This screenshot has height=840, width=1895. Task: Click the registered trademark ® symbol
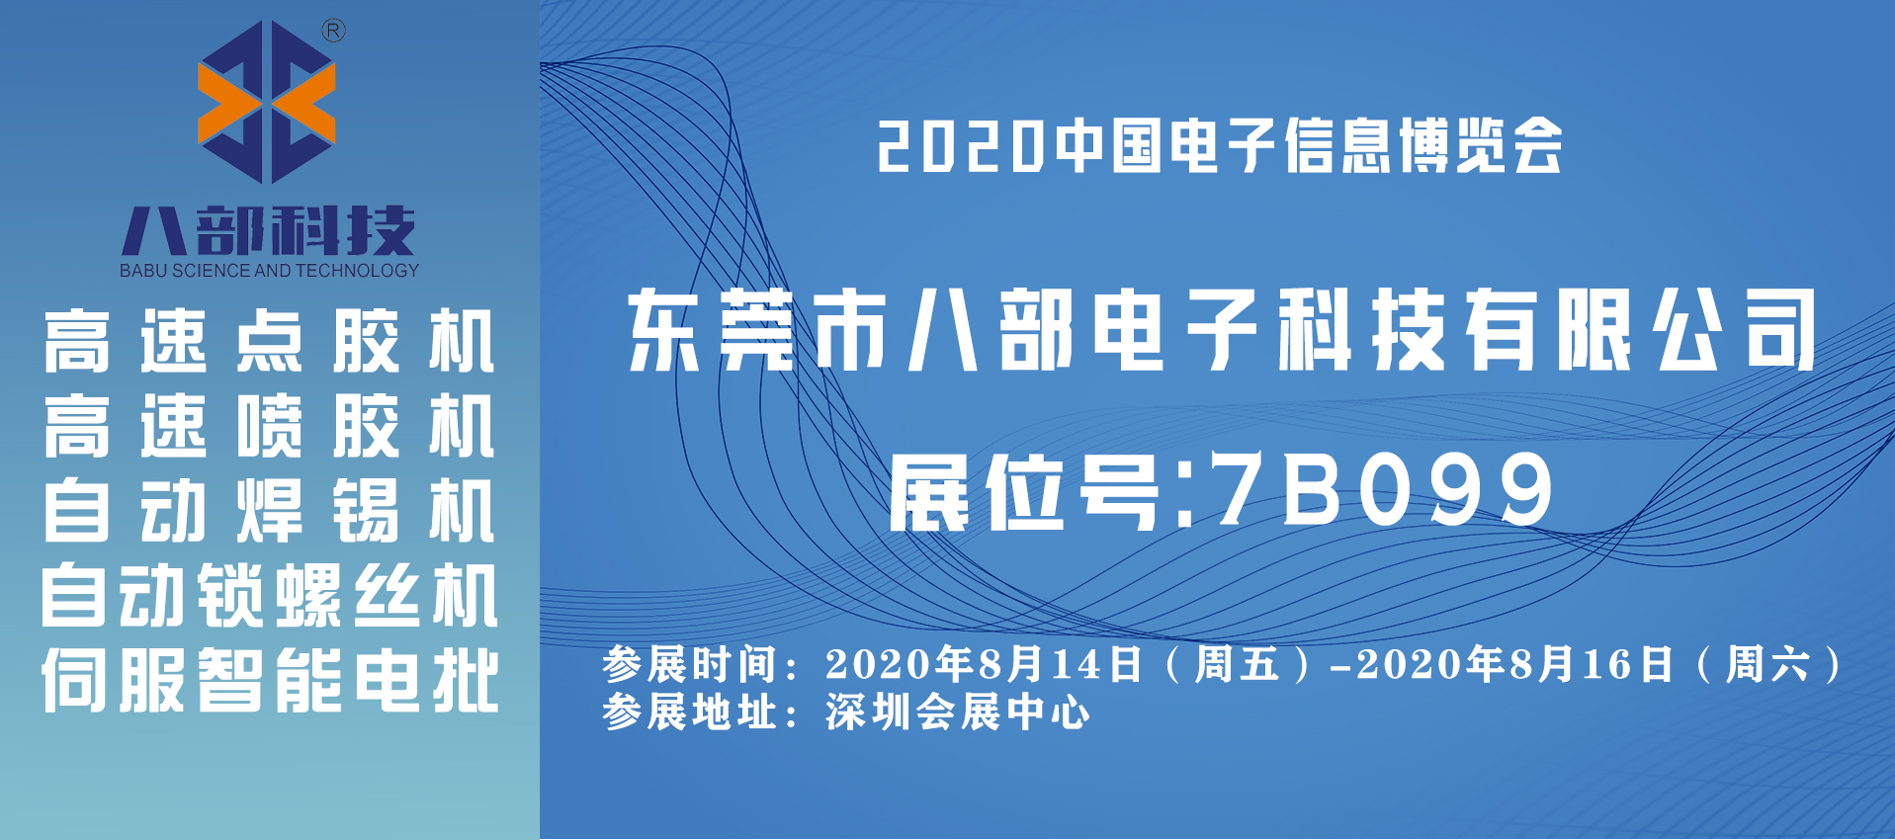click(x=334, y=32)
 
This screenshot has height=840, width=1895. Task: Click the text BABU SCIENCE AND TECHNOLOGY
click(x=269, y=271)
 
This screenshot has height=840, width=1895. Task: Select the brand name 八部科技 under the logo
click(x=268, y=231)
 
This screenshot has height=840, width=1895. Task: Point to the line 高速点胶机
click(x=269, y=341)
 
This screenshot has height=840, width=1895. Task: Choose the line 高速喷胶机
click(x=269, y=426)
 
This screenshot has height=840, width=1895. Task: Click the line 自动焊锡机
click(x=269, y=511)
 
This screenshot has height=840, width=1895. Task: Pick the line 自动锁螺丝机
click(x=269, y=596)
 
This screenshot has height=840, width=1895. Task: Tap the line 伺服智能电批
click(x=269, y=681)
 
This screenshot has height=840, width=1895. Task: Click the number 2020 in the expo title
click(x=960, y=147)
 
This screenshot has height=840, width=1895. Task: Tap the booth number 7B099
click(x=1385, y=490)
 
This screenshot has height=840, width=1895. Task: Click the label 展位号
click(x=1024, y=492)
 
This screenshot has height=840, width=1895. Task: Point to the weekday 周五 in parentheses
click(x=1238, y=664)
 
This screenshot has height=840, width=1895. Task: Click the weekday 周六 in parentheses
click(x=1767, y=664)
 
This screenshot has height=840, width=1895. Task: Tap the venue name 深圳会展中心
click(x=958, y=713)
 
